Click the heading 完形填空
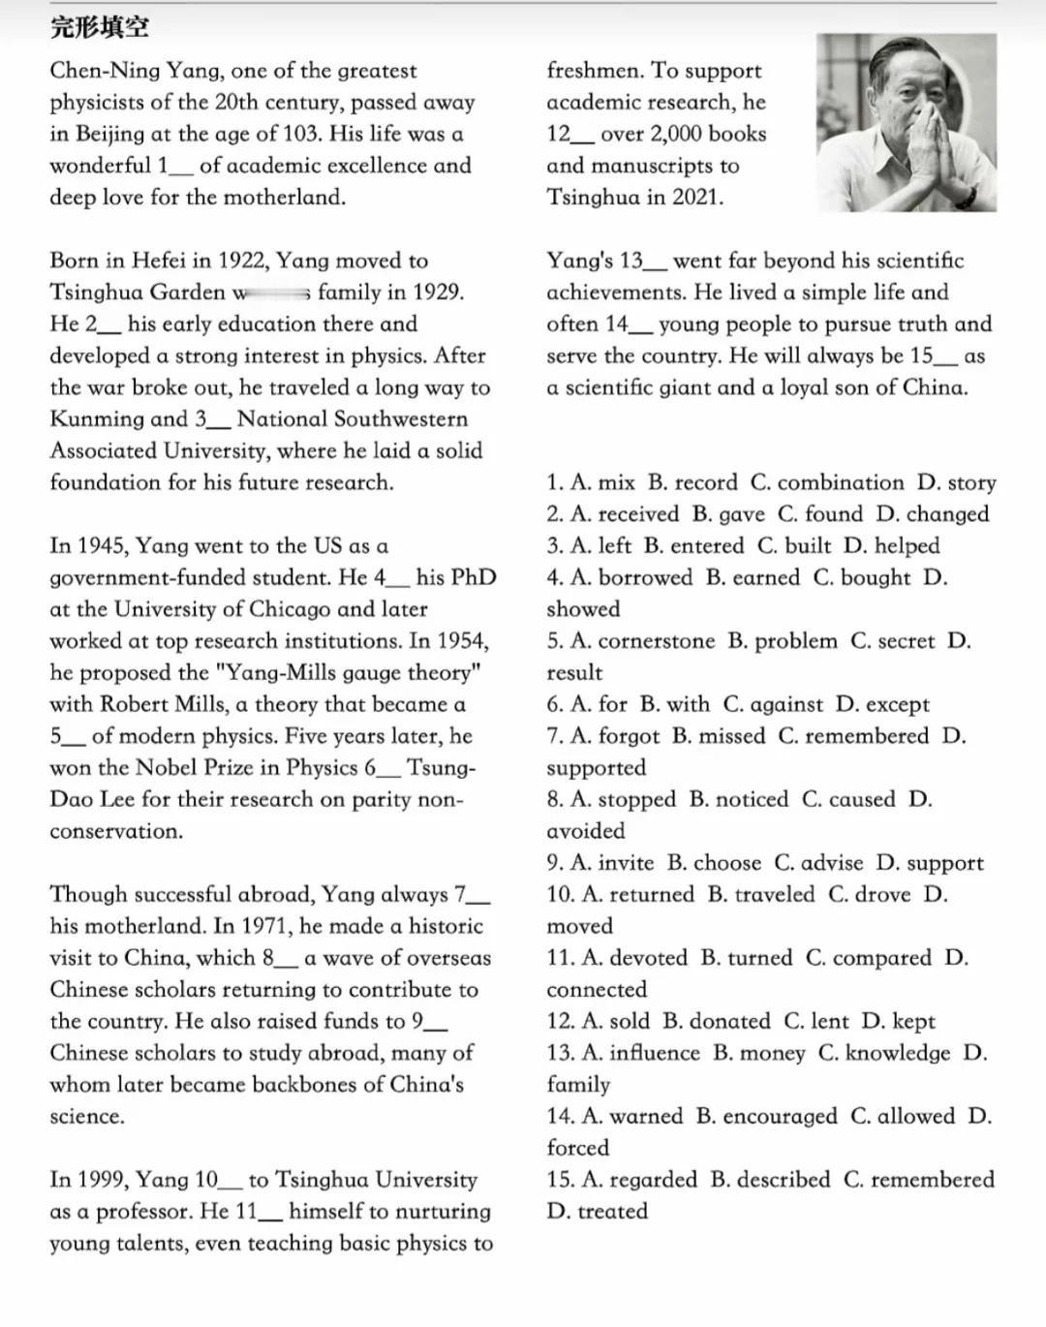[x=100, y=27]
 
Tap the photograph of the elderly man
[x=906, y=122]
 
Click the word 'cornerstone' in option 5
[x=657, y=641]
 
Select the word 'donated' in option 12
[x=717, y=1022]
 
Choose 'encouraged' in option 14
[x=766, y=1117]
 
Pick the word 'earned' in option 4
[x=765, y=578]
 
